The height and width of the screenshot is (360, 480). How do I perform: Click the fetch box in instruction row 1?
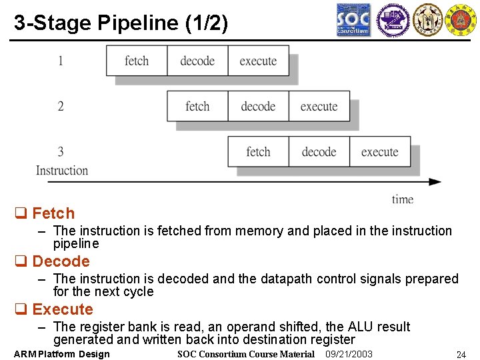point(137,61)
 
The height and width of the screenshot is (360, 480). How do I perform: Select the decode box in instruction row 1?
point(197,61)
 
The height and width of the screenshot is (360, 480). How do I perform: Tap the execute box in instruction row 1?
point(258,61)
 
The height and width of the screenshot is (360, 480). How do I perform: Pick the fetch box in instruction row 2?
point(197,106)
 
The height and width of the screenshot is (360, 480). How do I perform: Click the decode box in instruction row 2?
point(258,106)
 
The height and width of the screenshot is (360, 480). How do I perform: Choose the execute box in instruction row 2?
point(319,106)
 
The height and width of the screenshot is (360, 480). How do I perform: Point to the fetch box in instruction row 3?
point(258,151)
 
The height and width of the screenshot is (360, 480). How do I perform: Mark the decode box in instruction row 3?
point(319,151)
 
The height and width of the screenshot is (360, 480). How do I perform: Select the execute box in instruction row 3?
point(379,151)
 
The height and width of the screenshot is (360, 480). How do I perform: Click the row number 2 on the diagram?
point(61,106)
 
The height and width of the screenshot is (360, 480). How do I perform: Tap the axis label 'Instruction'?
point(62,170)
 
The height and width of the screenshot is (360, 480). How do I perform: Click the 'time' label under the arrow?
point(403,199)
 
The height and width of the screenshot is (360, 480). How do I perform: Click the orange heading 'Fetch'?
point(53,213)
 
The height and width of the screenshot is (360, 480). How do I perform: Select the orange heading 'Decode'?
point(61,261)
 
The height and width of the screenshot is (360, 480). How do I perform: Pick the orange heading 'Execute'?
point(63,309)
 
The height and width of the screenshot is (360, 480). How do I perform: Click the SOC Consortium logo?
point(353,20)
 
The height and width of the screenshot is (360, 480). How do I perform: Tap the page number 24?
point(460,355)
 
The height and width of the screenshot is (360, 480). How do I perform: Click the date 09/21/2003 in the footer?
point(349,354)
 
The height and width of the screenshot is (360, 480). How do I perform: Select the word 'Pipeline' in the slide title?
point(139,23)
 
